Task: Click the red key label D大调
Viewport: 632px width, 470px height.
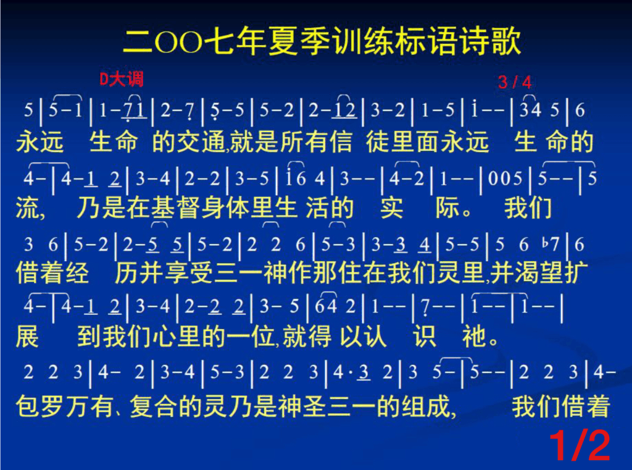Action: pyautogui.click(x=122, y=78)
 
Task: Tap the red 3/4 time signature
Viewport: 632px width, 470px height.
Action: pyautogui.click(x=515, y=82)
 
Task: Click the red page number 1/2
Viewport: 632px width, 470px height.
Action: pyautogui.click(x=580, y=445)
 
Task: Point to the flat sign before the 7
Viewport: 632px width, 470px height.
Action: pyautogui.click(x=545, y=243)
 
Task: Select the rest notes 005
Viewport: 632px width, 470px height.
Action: pyautogui.click(x=505, y=178)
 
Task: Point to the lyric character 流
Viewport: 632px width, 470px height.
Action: pyautogui.click(x=28, y=208)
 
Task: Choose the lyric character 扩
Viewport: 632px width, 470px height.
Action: pyautogui.click(x=576, y=273)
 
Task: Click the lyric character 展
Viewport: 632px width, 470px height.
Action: pyautogui.click(x=27, y=337)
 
